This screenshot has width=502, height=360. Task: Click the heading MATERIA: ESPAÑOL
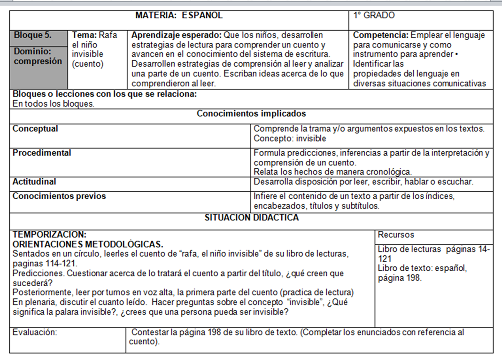tap(179, 16)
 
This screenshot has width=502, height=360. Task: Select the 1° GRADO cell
tap(374, 16)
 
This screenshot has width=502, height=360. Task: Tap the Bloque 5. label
tap(32, 35)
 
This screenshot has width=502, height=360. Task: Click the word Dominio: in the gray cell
tap(32, 51)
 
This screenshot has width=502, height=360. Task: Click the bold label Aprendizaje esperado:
tap(177, 35)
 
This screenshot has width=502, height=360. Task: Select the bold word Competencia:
tap(381, 35)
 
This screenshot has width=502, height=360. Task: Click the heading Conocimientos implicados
tap(251, 114)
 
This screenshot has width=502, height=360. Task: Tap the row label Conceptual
tap(35, 128)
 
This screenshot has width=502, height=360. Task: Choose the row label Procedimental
tap(42, 153)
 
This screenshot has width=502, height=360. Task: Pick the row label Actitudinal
tap(34, 181)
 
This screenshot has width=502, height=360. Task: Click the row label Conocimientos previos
tap(59, 196)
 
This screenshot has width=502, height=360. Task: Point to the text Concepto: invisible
tap(290, 139)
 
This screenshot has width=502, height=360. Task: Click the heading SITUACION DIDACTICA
tap(252, 218)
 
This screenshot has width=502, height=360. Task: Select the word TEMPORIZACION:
tap(49, 234)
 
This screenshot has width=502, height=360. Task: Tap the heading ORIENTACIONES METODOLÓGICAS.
tap(88, 244)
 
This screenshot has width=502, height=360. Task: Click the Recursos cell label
tap(396, 235)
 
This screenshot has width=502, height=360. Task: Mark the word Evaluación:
tap(35, 332)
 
